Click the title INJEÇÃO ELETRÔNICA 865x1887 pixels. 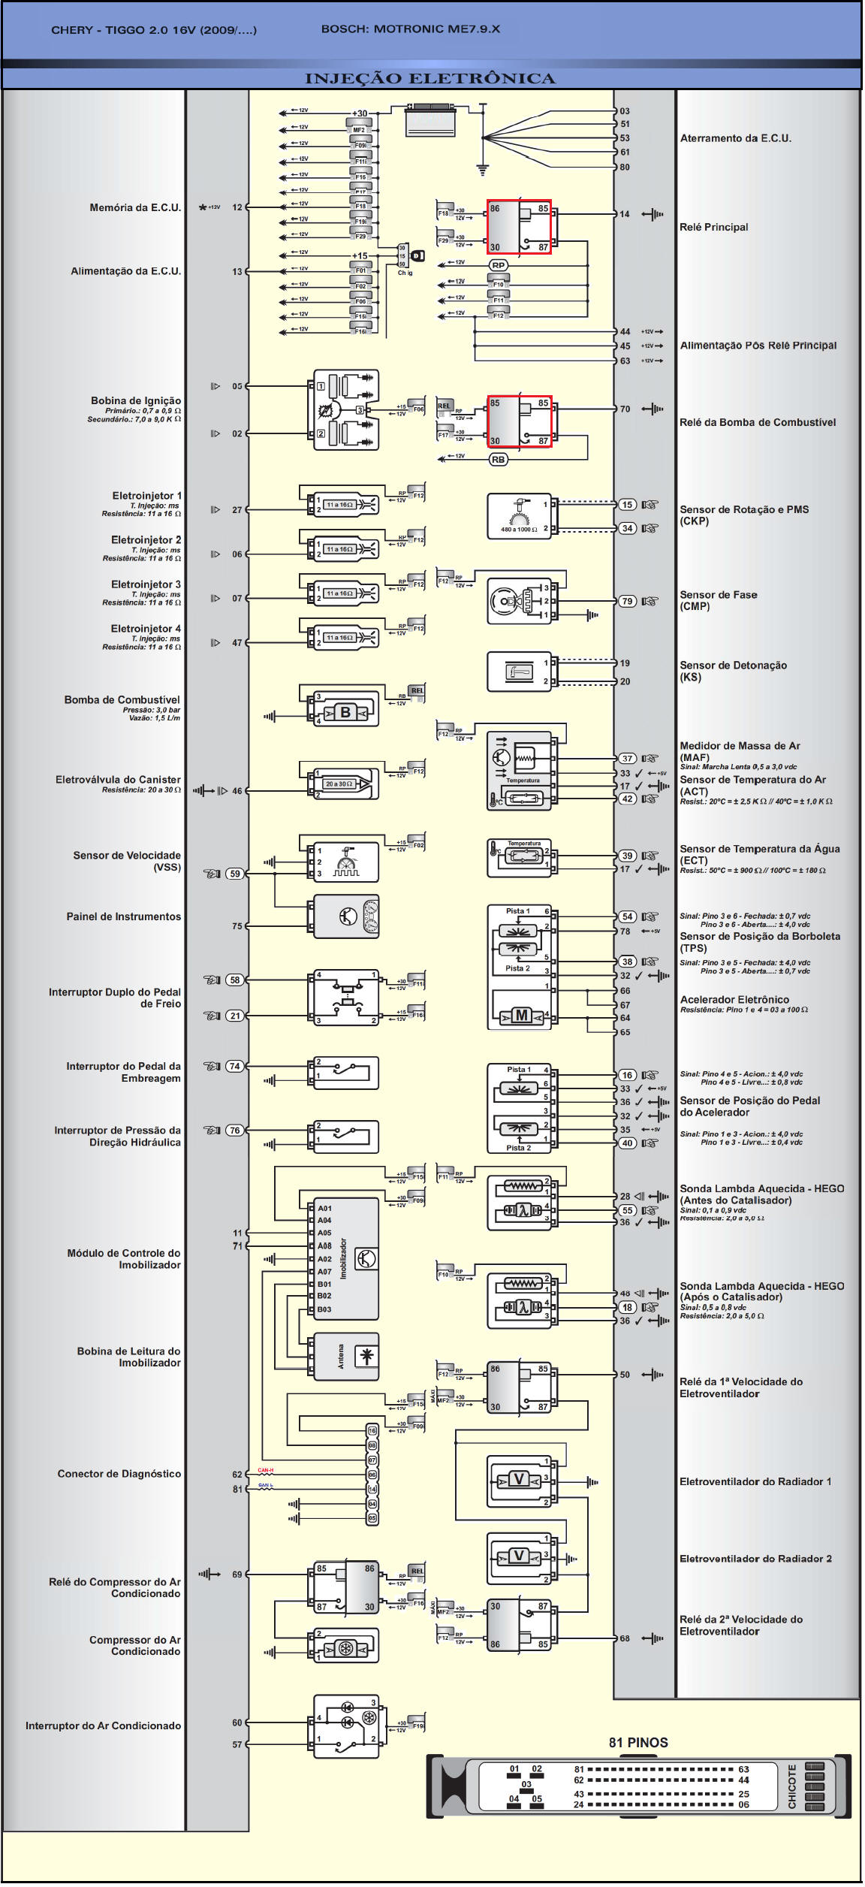click(430, 78)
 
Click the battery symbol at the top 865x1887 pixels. click(430, 120)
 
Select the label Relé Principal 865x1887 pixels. click(713, 228)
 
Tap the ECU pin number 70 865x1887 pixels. click(625, 409)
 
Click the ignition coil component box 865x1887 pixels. click(345, 410)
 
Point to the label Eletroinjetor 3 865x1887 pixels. click(146, 584)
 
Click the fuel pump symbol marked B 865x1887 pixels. click(345, 712)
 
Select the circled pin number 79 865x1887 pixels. click(627, 601)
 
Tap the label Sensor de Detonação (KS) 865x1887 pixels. click(733, 671)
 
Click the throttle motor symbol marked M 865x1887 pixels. click(521, 1016)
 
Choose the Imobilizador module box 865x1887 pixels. click(345, 1258)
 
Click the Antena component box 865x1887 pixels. click(345, 1357)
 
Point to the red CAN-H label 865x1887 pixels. click(265, 1470)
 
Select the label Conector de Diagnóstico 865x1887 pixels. click(119, 1474)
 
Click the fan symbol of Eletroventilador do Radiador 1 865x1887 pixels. click(518, 1479)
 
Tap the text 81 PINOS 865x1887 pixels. click(638, 1742)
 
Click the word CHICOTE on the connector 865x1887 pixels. click(792, 1786)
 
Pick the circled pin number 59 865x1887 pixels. click(235, 874)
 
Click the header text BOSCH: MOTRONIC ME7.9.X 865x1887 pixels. click(410, 29)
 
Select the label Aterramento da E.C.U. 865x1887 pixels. click(735, 138)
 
